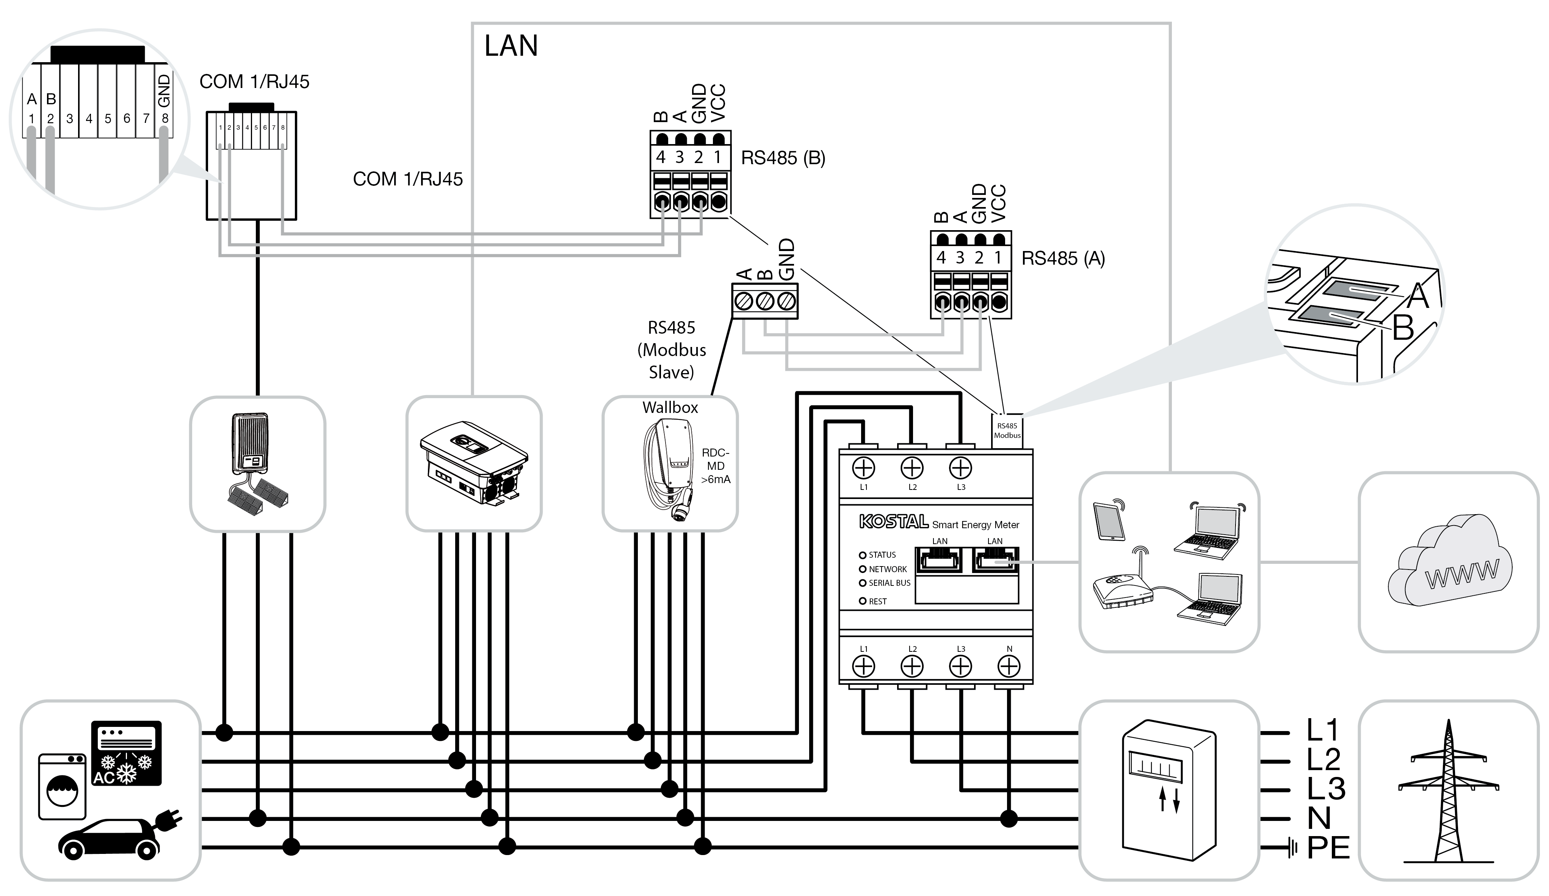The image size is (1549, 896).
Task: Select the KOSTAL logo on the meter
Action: [x=893, y=522]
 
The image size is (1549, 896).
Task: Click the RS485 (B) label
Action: [x=783, y=158]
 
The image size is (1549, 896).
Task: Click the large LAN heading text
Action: [x=511, y=46]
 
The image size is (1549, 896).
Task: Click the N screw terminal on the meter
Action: [x=1009, y=666]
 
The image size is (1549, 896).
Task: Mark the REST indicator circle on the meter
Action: [x=862, y=601]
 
